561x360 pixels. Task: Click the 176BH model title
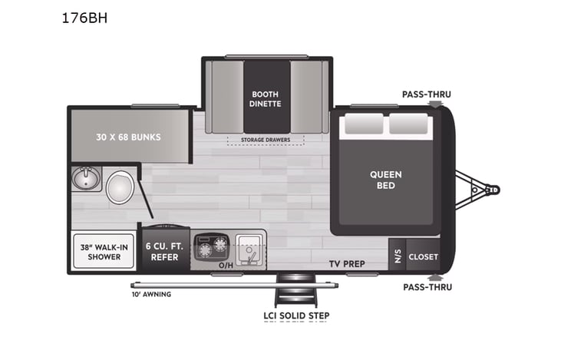click(84, 18)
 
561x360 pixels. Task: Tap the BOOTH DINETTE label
click(266, 98)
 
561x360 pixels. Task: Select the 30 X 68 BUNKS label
click(130, 137)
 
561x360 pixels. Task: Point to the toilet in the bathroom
click(120, 187)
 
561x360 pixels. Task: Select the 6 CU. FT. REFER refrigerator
click(163, 252)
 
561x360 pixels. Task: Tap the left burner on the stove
click(205, 249)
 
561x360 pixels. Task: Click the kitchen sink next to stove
click(248, 247)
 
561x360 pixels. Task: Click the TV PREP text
click(348, 264)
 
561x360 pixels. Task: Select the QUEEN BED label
click(385, 180)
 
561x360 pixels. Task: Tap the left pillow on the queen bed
click(362, 124)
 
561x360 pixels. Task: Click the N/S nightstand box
click(397, 256)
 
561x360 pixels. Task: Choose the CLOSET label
click(423, 256)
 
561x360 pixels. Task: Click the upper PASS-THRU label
click(426, 94)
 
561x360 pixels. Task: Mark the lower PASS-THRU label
click(427, 287)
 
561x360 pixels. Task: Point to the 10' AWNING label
click(150, 294)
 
